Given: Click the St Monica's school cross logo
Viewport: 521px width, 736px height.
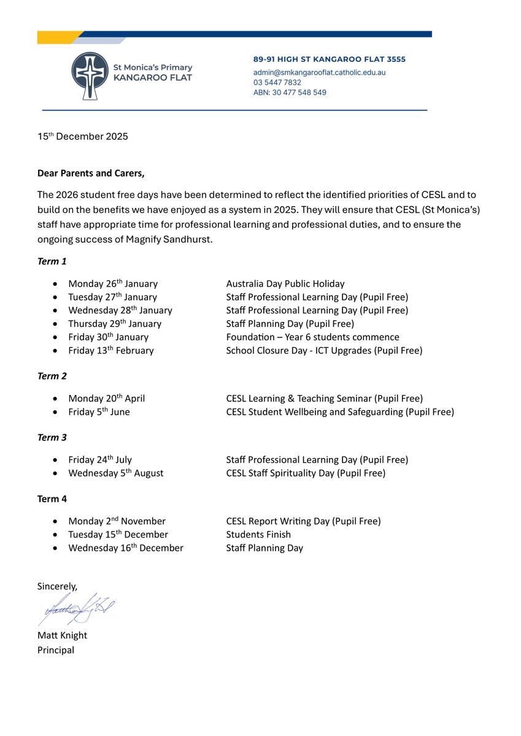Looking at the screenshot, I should click(89, 76).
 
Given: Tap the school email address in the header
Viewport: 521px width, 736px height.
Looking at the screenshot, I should click(319, 72).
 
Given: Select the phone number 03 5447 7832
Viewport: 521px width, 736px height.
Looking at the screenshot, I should click(277, 82).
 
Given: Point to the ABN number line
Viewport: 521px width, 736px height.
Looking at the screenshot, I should click(290, 93).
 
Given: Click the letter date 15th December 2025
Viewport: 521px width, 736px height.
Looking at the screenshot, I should click(83, 137).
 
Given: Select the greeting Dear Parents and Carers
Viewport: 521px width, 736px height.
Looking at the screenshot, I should click(91, 173).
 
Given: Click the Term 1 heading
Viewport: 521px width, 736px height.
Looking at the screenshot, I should click(52, 261).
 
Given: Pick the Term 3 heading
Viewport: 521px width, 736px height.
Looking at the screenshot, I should click(52, 437).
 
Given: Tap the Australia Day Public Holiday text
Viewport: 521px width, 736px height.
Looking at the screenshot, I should click(285, 284).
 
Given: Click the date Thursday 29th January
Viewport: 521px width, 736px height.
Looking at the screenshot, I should click(115, 324).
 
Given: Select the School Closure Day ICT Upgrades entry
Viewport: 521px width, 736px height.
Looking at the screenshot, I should click(324, 351).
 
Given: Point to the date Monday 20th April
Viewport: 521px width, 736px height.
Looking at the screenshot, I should click(107, 399).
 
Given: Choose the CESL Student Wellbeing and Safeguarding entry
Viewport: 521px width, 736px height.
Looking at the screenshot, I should click(340, 412).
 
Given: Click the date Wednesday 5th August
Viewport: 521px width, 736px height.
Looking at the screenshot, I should click(116, 473).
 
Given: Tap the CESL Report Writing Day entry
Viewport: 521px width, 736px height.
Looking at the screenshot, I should click(303, 521).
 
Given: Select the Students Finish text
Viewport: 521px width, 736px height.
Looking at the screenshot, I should click(258, 535).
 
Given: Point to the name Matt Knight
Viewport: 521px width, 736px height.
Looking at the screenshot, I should click(62, 635).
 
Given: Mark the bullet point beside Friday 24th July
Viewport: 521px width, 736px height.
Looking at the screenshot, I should click(56, 460).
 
